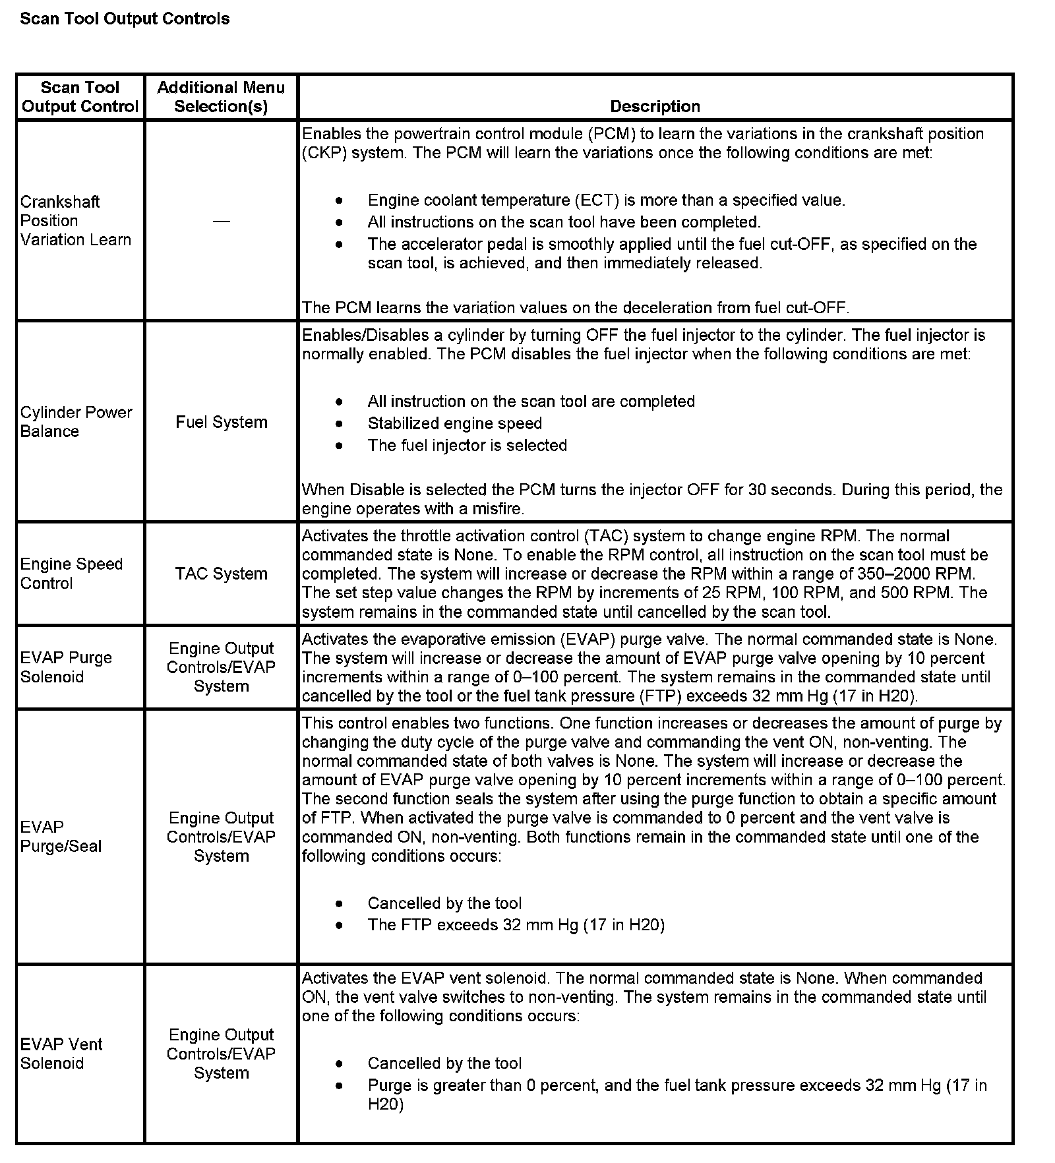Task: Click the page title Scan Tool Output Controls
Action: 125,18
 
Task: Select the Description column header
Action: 655,106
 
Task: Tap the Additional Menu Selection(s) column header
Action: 221,97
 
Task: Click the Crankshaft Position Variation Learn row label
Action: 75,220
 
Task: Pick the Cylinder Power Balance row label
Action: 76,421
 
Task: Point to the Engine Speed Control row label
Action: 71,574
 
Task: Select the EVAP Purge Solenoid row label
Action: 66,667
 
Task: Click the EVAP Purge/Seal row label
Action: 61,837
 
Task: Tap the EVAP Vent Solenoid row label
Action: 61,1054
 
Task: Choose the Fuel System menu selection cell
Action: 222,422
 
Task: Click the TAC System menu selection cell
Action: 222,574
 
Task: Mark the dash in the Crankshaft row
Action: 222,222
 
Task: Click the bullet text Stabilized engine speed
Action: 454,423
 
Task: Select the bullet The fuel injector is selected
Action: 467,445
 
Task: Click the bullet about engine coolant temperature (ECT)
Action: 606,200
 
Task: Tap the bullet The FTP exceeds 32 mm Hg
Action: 516,925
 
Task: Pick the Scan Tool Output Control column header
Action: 80,97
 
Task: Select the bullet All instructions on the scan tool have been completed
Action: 564,222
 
